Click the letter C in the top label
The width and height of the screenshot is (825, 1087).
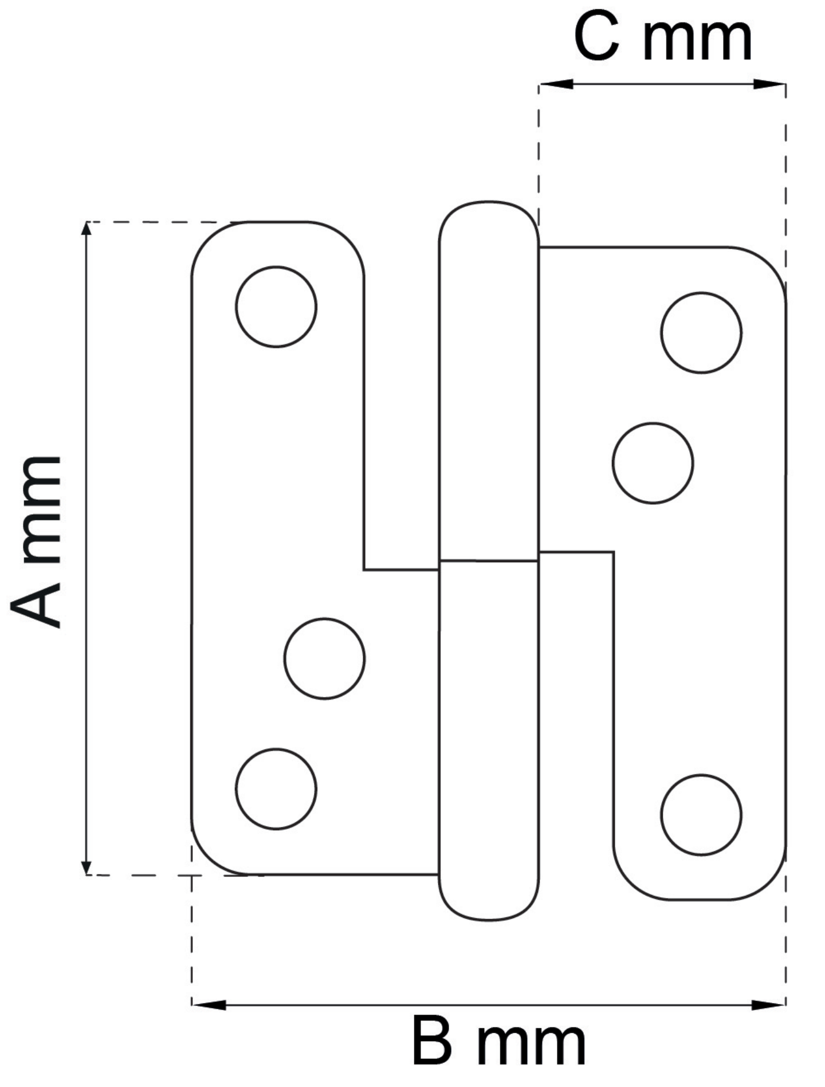(596, 37)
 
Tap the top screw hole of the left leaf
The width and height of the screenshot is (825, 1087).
(276, 307)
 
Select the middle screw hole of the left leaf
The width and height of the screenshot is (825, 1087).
(324, 658)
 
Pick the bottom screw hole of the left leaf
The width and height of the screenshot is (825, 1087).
(276, 788)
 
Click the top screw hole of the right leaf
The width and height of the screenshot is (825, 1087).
(701, 333)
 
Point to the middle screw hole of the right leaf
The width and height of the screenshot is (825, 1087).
(653, 463)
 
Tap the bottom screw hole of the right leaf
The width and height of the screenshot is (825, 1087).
(701, 815)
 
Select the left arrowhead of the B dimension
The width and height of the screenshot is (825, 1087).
(209, 1004)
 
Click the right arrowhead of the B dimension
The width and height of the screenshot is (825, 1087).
(768, 1004)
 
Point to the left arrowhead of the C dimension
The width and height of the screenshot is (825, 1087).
(556, 84)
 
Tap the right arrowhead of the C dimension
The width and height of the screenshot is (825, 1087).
(769, 84)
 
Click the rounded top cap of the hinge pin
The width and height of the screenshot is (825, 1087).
(489, 221)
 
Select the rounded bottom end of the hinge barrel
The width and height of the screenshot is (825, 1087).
(489, 899)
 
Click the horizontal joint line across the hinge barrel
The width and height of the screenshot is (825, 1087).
(488, 560)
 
